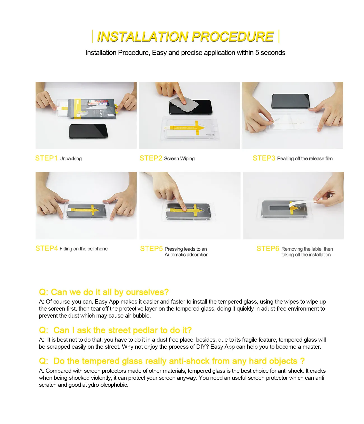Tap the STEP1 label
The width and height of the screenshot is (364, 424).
click(x=46, y=158)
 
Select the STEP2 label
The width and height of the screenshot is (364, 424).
click(x=151, y=158)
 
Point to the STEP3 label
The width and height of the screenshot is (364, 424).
click(x=264, y=158)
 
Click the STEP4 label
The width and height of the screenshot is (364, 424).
click(x=46, y=248)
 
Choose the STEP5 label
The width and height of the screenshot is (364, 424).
click(x=151, y=249)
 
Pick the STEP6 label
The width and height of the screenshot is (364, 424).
click(x=268, y=249)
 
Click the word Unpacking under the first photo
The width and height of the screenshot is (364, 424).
click(x=70, y=159)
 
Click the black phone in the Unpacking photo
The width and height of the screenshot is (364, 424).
click(x=88, y=131)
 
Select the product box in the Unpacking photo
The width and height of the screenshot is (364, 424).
click(x=92, y=108)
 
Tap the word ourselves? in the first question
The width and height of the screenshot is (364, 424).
click(x=147, y=292)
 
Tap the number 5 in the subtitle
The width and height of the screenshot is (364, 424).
click(x=257, y=53)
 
